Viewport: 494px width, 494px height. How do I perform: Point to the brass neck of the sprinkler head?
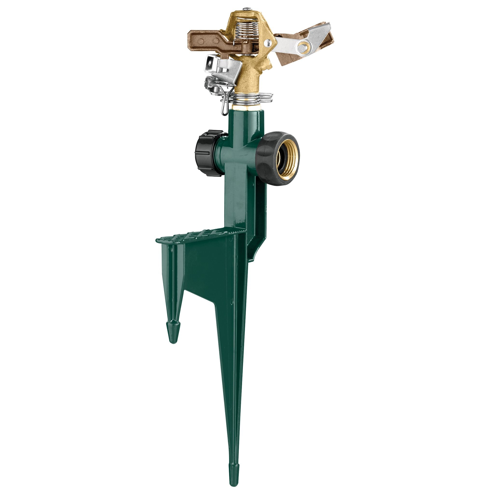pos(247,82)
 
